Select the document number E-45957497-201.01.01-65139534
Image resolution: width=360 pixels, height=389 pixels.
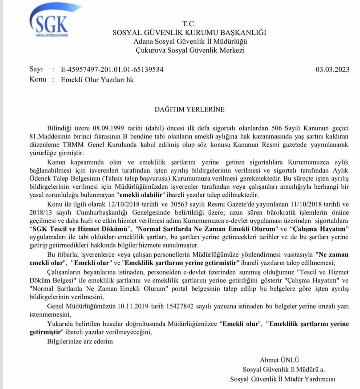[112, 70]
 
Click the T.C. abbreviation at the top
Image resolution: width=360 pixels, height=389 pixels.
[189, 24]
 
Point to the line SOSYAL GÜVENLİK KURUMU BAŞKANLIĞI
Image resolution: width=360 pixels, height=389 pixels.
[189, 33]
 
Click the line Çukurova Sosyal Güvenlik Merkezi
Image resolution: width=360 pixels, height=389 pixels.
[190, 50]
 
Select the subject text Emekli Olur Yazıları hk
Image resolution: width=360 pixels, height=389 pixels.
[97, 79]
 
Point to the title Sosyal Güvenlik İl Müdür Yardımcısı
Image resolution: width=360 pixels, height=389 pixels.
[282, 378]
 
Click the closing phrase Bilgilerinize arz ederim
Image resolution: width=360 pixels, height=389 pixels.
[80, 341]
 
